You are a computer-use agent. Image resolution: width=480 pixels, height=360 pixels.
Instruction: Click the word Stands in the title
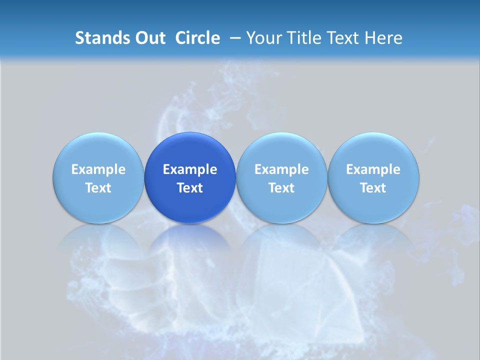[99, 38]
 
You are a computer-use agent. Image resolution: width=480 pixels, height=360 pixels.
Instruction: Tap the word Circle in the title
[197, 38]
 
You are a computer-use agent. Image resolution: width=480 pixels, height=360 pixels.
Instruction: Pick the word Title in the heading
[302, 38]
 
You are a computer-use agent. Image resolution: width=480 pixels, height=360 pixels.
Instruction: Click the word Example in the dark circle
[190, 169]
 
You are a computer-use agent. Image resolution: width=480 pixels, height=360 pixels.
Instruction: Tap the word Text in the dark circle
[190, 188]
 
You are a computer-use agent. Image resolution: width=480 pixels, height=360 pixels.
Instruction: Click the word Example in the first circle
[98, 169]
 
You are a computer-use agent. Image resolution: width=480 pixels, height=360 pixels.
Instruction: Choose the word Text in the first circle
[98, 188]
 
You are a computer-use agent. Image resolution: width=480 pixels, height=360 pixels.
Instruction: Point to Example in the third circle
[281, 169]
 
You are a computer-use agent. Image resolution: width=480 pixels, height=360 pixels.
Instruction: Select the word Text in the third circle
[281, 188]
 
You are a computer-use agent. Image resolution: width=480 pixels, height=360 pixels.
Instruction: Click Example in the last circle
[373, 169]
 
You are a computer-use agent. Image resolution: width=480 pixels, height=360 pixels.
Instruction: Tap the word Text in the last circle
[373, 188]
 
